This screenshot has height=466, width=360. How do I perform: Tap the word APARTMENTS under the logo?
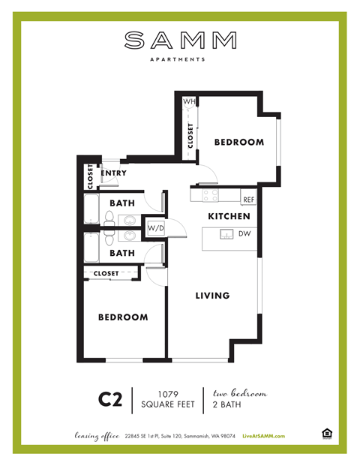(x=180, y=57)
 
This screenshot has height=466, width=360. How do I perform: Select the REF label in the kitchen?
(x=248, y=200)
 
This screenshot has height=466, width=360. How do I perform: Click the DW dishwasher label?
(x=244, y=234)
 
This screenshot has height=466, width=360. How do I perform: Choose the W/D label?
(x=156, y=227)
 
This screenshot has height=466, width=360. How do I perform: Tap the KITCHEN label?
(x=229, y=216)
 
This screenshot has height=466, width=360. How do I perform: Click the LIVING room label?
(x=212, y=296)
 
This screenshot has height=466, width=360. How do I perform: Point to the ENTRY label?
(x=113, y=173)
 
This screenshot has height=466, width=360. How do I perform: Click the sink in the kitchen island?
(x=225, y=235)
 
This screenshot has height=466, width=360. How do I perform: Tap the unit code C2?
(x=110, y=399)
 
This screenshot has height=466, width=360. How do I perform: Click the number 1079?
(x=168, y=393)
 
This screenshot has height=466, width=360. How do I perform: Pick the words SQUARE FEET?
(x=168, y=405)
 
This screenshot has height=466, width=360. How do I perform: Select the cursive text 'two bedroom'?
(x=240, y=393)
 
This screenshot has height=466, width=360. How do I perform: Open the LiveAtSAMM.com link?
(x=265, y=434)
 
